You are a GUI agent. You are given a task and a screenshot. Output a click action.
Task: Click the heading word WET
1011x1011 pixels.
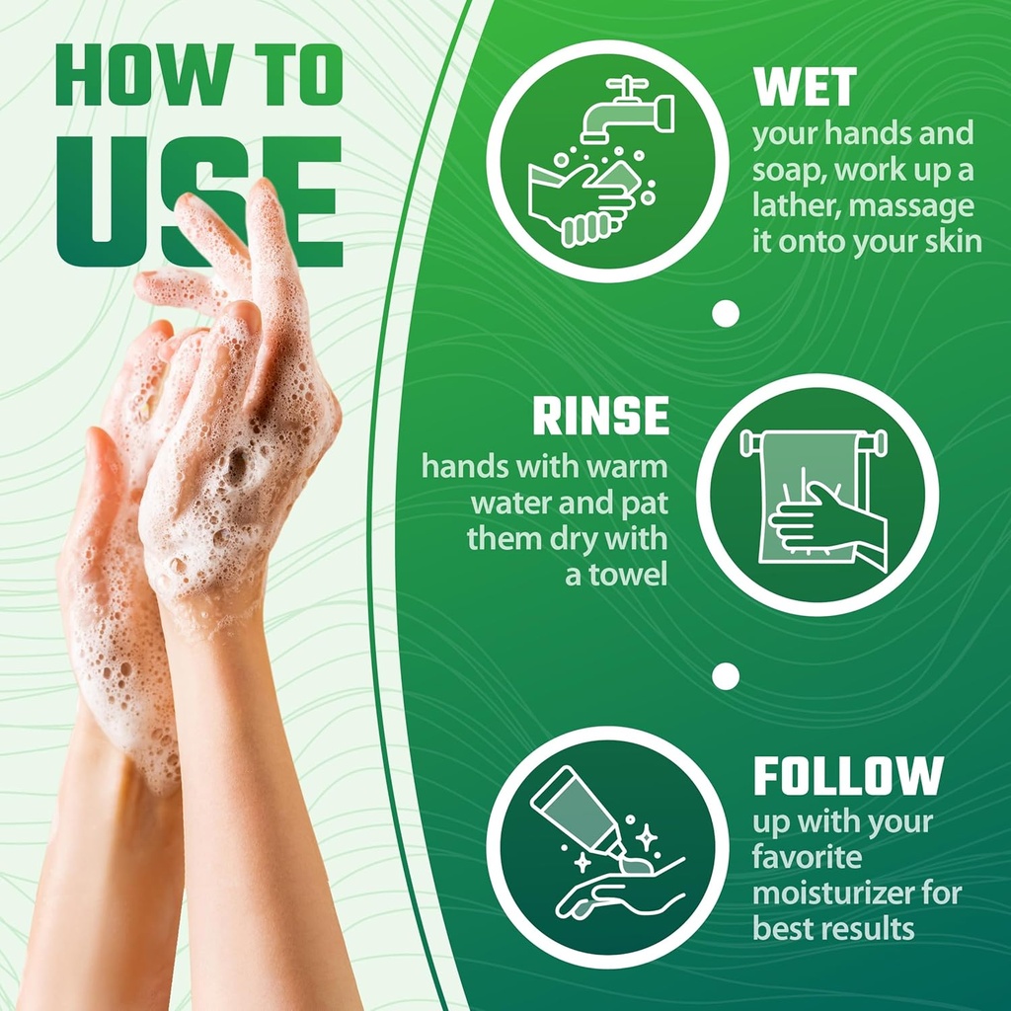tap(806, 87)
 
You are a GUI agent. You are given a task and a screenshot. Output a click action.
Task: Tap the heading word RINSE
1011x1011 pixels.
tap(601, 416)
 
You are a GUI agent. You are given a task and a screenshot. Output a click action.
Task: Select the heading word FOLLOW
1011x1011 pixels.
tap(848, 776)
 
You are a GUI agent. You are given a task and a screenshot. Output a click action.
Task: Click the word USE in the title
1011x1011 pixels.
tap(199, 201)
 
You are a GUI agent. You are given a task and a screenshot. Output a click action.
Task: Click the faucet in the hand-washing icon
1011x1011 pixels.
tap(627, 111)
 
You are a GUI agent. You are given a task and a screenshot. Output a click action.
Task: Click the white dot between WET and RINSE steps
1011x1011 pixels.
tap(726, 313)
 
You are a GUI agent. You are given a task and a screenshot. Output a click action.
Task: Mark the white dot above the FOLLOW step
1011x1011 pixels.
tap(726, 676)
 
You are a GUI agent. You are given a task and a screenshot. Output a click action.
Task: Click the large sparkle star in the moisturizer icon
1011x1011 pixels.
tap(646, 837)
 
